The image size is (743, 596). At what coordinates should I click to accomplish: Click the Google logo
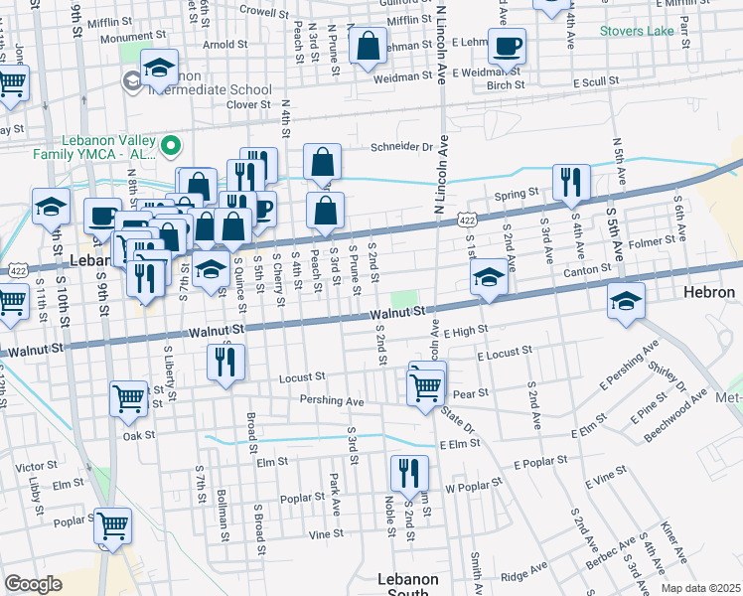33,584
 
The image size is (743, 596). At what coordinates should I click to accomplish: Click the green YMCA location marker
171,147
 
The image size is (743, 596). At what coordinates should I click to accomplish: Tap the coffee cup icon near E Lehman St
507,46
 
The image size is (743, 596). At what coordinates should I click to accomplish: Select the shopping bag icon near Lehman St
368,46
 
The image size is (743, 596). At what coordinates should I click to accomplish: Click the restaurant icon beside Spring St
571,182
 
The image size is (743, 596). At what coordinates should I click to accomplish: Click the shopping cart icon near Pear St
426,385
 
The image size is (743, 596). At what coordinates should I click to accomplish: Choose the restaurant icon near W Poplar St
408,473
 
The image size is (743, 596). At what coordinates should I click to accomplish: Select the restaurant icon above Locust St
226,363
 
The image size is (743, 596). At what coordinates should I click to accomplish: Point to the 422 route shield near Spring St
465,216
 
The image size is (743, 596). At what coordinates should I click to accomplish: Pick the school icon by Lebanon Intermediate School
159,68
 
